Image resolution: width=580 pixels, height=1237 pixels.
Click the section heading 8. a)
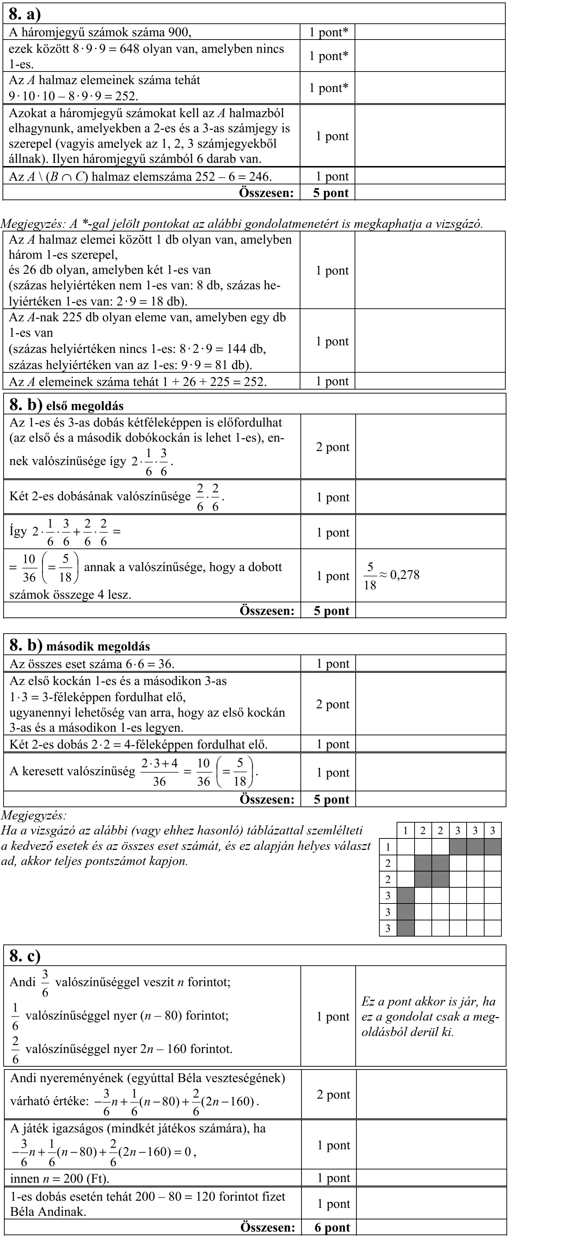(25, 14)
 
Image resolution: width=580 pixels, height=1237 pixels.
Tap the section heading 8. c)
(25, 956)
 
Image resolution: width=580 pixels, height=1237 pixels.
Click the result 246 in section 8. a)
(259, 177)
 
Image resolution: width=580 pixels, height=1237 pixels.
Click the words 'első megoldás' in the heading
(85, 406)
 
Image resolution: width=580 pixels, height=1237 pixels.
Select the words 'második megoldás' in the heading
(98, 646)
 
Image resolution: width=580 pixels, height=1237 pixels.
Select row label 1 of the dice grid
(388, 847)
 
